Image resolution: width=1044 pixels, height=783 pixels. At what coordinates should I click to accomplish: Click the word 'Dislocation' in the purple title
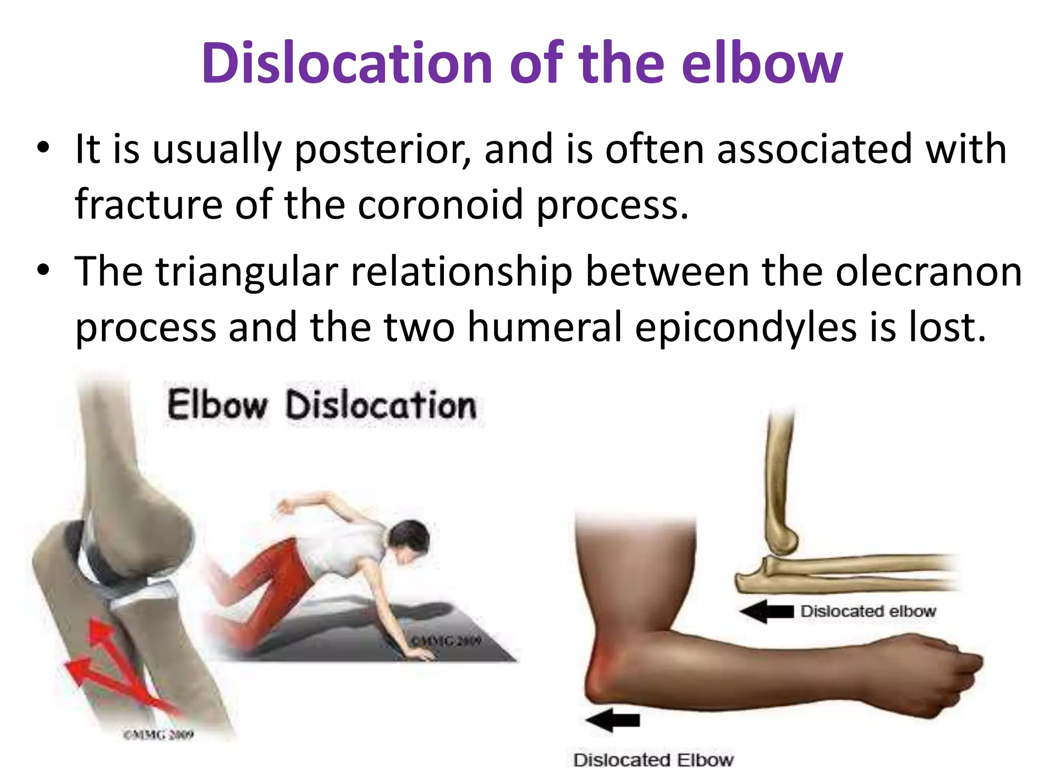347,64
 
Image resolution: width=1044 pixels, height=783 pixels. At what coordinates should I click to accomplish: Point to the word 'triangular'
247,272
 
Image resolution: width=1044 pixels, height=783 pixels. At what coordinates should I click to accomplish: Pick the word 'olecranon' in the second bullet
928,272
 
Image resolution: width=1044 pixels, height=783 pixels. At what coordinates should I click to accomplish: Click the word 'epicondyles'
745,327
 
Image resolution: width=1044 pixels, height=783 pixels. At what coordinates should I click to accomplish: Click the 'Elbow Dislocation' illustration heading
322,405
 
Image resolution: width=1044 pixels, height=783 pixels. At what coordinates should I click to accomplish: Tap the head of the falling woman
408,538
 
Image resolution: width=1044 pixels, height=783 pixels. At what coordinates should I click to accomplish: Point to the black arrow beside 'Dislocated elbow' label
766,611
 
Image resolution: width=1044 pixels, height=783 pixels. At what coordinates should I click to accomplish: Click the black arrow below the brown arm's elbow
612,720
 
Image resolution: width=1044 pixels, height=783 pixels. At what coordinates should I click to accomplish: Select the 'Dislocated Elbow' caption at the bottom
653,760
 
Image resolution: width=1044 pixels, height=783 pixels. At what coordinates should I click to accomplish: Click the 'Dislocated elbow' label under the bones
868,611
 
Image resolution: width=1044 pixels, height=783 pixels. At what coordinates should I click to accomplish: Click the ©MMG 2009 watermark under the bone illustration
159,735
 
